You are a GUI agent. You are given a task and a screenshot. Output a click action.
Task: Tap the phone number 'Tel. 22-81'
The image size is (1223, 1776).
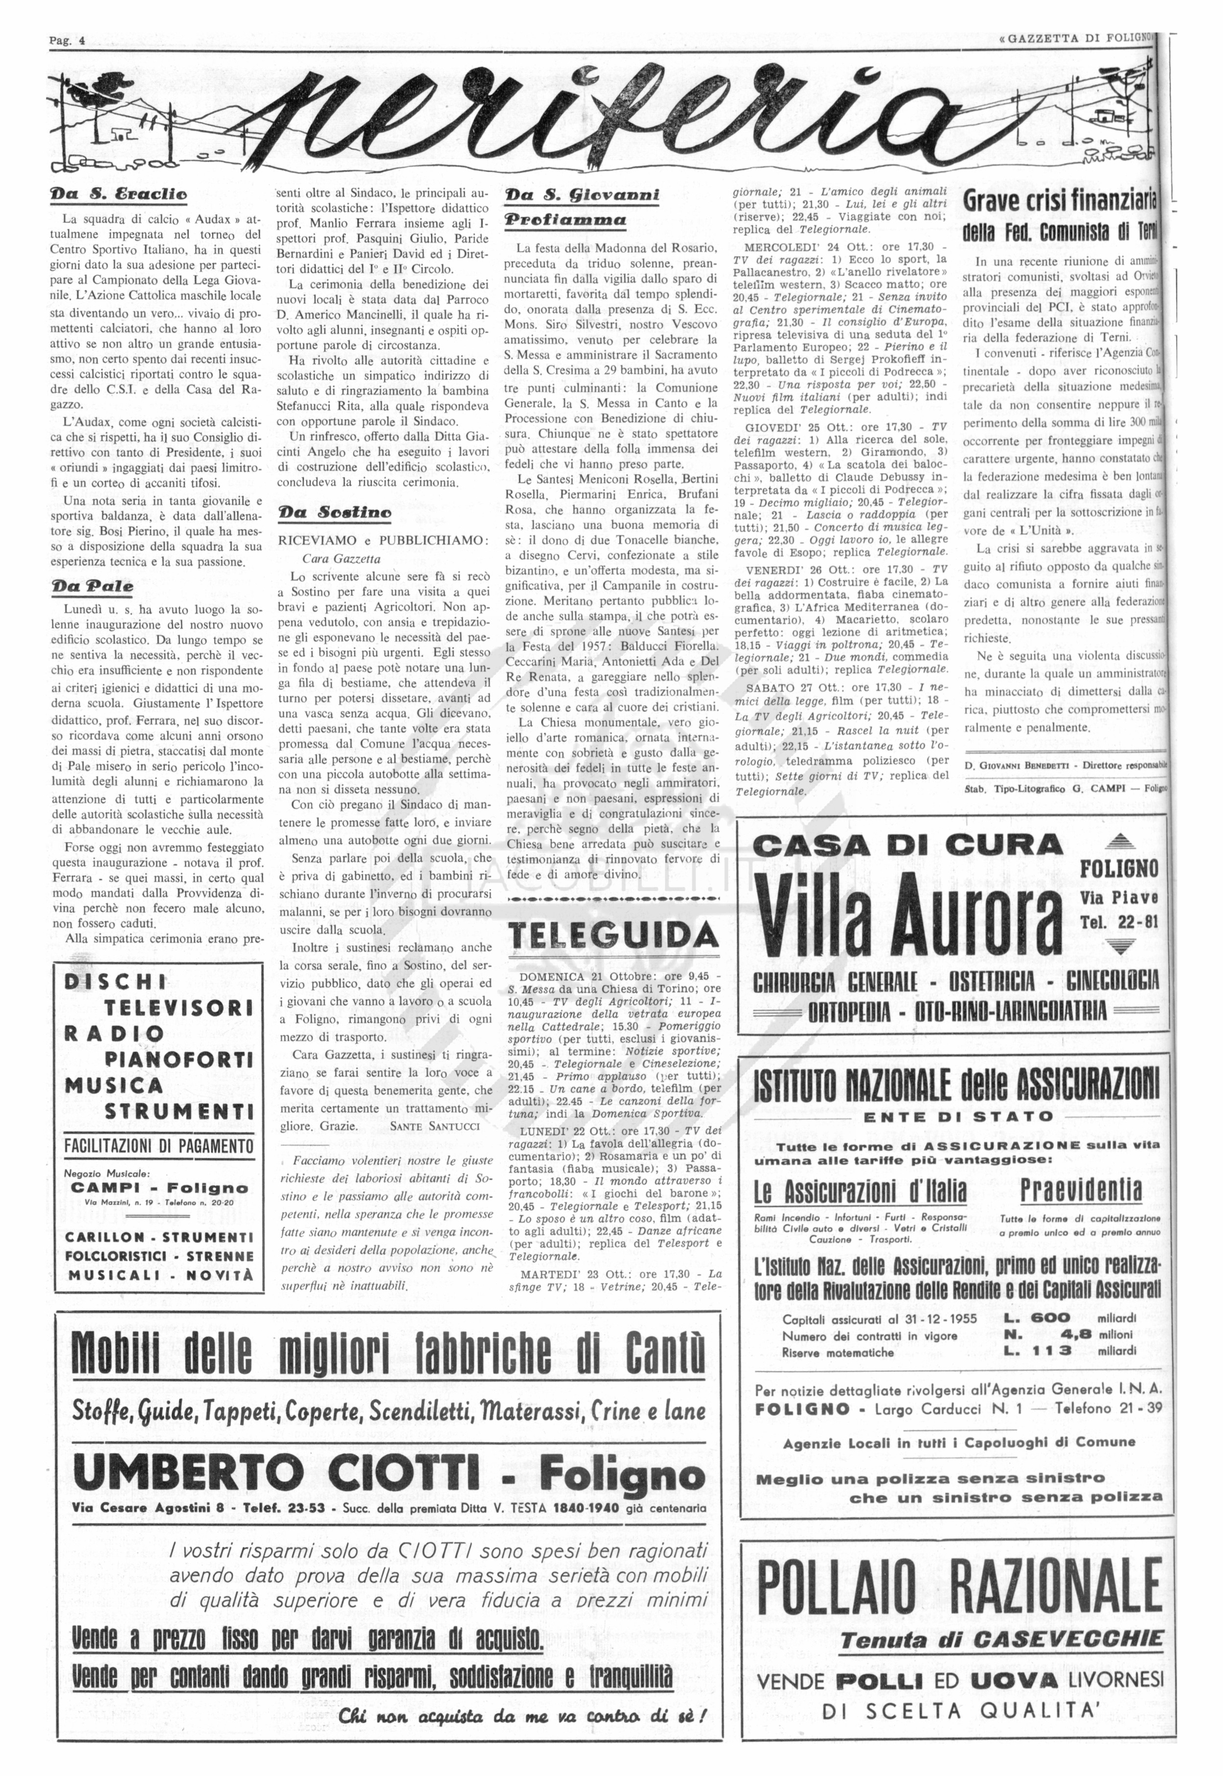click(x=1119, y=922)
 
